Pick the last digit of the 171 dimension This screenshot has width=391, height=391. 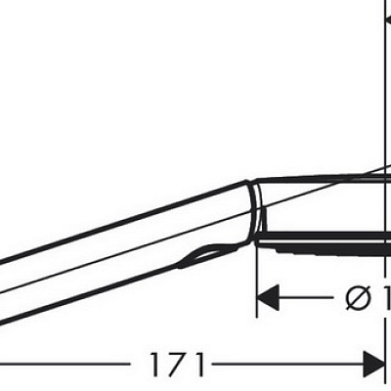pos(198,366)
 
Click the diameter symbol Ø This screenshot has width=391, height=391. pos(358,296)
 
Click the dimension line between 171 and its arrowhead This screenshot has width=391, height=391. pos(283,366)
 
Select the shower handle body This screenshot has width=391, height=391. pos(117,254)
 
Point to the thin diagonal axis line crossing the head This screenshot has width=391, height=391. pos(323,189)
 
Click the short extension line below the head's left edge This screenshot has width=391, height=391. pos(257,283)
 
